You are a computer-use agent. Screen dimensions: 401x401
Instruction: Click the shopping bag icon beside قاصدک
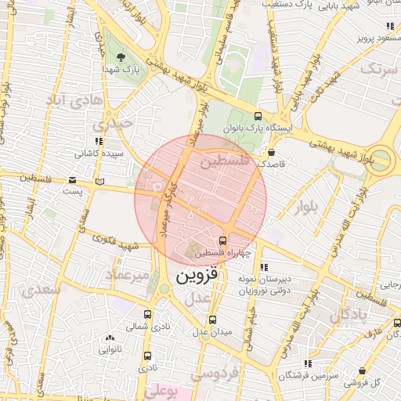[x=271, y=152]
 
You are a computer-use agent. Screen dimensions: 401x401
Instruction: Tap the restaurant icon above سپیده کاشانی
[x=99, y=141]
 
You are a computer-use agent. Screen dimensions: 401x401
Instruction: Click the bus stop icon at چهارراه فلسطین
[x=223, y=240]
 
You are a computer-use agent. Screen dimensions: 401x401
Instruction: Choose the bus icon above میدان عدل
[x=212, y=320]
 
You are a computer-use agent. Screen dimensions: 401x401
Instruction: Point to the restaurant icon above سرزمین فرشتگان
[x=307, y=363]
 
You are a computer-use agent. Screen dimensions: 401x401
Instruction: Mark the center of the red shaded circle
[x=200, y=200]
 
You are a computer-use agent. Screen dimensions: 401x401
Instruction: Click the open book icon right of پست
[x=99, y=182]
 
